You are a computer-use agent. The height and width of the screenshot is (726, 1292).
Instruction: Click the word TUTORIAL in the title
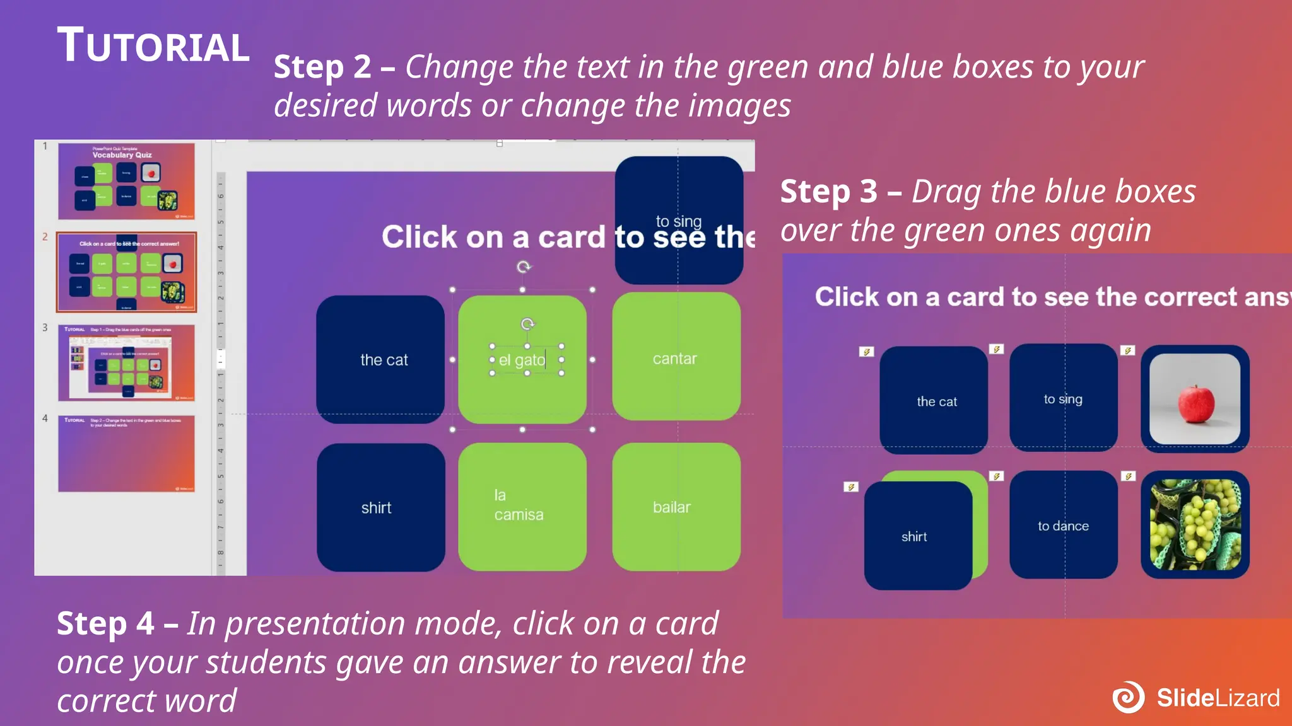[x=153, y=46]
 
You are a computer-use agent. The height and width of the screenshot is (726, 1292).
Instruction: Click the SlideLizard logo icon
[x=1128, y=697]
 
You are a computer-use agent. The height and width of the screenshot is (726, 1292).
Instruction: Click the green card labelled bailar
[x=676, y=507]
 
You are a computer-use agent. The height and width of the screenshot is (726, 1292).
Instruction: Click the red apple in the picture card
[x=1195, y=404]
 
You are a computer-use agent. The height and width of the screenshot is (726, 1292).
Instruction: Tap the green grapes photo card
[x=1195, y=525]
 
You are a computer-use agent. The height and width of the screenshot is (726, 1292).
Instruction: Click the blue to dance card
[x=1063, y=525]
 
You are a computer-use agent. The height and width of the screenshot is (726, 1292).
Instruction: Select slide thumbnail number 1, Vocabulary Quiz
[x=126, y=181]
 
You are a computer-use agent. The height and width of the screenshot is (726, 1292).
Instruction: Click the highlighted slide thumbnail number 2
[x=126, y=272]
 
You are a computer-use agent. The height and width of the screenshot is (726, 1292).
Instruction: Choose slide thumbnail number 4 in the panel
[x=126, y=453]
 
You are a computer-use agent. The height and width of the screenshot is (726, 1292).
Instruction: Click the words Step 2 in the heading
[x=322, y=67]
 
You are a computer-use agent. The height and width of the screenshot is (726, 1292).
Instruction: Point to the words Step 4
[x=105, y=623]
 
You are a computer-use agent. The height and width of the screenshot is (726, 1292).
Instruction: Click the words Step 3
[x=828, y=192]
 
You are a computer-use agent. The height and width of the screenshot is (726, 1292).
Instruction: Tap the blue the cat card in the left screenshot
[x=381, y=359]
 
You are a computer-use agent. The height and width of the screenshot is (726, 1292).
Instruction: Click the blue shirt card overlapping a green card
[x=917, y=536]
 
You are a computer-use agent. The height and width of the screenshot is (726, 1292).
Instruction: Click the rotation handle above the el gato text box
[x=527, y=324]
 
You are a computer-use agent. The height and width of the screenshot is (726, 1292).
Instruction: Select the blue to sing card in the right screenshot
[x=1063, y=398]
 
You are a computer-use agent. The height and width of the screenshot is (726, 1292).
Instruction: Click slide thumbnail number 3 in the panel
[x=126, y=363]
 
